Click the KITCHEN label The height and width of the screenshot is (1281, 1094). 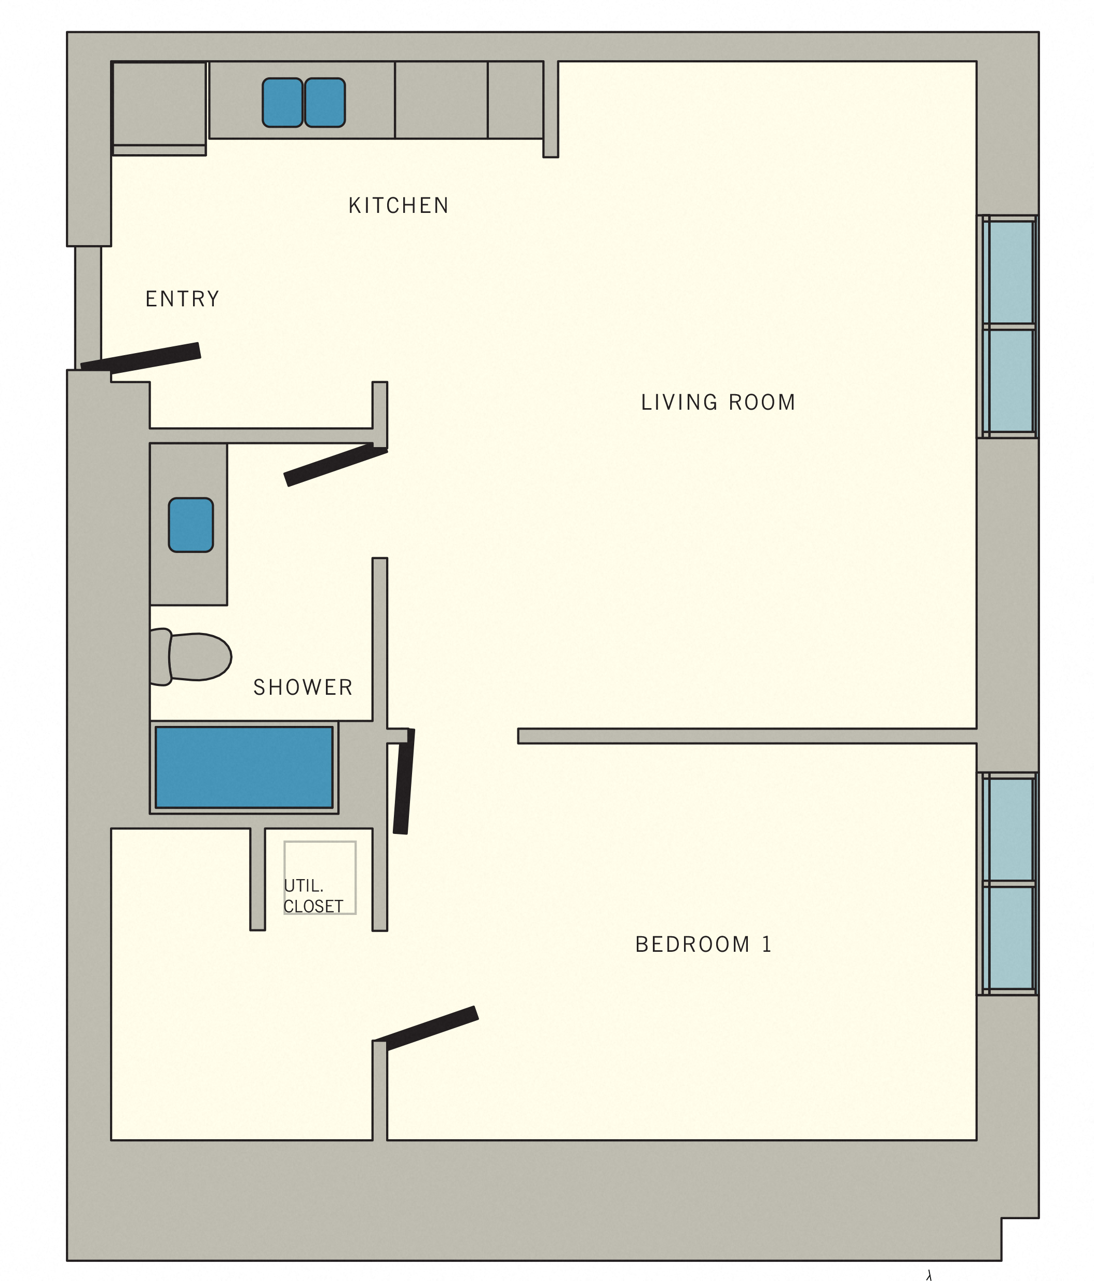[x=399, y=205]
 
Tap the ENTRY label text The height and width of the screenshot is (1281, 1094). [x=182, y=299]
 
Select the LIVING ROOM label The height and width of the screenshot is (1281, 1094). [x=718, y=402]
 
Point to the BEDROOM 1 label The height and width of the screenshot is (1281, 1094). [x=703, y=945]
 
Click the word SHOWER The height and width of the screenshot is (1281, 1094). [x=303, y=687]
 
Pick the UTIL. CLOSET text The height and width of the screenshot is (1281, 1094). [x=313, y=896]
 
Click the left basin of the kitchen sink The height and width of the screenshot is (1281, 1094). [x=282, y=103]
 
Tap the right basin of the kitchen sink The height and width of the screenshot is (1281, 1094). [x=325, y=103]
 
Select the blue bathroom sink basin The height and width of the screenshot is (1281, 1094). [x=191, y=525]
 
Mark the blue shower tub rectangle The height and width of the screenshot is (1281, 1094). [x=243, y=767]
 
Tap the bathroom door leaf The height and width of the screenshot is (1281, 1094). [x=336, y=465]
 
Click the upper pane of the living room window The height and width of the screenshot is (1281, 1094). [x=1008, y=272]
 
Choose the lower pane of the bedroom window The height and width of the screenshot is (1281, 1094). [x=1008, y=938]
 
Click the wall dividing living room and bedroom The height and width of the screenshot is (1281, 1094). [x=747, y=736]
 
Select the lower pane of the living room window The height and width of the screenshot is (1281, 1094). [x=1008, y=380]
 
